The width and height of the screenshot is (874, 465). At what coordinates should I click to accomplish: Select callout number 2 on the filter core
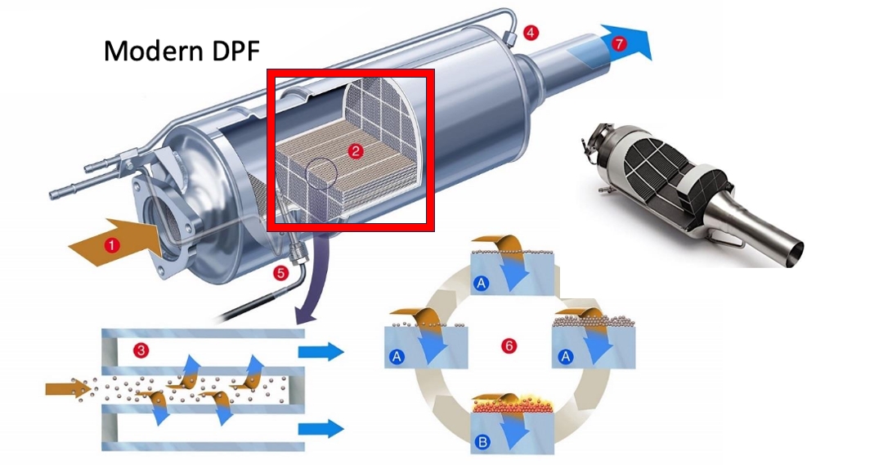point(354,151)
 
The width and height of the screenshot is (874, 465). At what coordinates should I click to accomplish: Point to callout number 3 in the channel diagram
point(141,351)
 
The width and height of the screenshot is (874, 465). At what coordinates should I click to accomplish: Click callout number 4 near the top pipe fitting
point(531,34)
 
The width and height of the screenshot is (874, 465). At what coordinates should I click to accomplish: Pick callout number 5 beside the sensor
point(281,274)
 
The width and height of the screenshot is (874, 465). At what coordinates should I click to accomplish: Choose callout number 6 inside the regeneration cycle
point(509,347)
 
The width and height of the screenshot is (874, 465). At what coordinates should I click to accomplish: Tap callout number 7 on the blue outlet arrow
point(618,45)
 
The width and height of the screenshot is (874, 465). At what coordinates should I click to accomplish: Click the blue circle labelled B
point(482,444)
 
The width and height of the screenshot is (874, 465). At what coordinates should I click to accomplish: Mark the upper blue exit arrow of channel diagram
point(320,351)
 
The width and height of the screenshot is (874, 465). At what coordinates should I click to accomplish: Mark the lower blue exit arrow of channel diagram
point(320,427)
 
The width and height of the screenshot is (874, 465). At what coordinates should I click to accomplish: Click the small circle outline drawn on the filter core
point(320,169)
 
